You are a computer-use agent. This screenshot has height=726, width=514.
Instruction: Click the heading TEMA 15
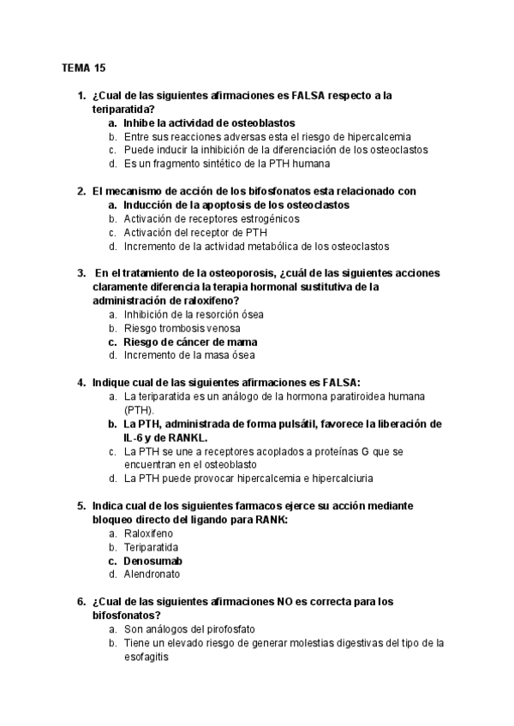tap(84, 67)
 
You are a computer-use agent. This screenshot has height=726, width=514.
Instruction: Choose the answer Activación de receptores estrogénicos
tap(212, 218)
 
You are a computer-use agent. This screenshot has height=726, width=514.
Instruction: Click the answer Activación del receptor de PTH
tap(195, 232)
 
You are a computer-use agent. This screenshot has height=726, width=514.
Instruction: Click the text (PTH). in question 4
tap(140, 410)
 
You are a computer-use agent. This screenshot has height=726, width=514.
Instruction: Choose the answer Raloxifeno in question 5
tap(148, 533)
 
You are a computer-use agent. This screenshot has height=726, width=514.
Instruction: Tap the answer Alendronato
tap(152, 574)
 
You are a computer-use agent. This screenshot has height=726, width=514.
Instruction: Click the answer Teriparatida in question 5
tap(151, 547)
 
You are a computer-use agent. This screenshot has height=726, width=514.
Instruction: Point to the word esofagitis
tap(146, 657)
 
